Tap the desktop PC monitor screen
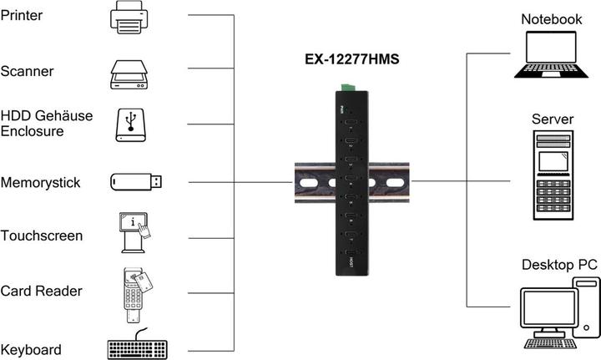click(543, 310)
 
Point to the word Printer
click(23, 17)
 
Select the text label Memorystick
click(41, 182)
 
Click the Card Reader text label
click(41, 292)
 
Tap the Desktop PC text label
click(559, 265)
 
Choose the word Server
click(553, 119)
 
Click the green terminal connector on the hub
click(348, 86)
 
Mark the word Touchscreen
click(42, 236)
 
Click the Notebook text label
click(552, 19)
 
